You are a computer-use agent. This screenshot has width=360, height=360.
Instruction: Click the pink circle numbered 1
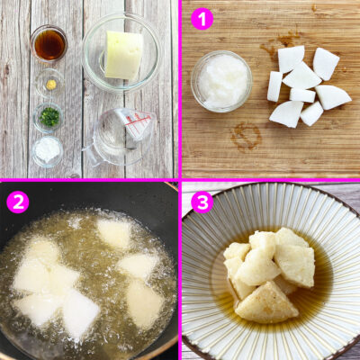[202, 18]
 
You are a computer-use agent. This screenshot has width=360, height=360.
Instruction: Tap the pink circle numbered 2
[18, 202]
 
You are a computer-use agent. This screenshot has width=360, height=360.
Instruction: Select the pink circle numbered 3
[202, 202]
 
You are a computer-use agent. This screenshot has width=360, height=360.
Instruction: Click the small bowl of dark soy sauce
[49, 44]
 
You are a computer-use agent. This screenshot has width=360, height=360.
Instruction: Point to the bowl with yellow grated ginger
[49, 84]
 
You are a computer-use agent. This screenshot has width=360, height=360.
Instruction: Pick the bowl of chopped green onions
[48, 117]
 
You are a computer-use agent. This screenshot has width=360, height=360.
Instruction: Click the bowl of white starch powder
[48, 151]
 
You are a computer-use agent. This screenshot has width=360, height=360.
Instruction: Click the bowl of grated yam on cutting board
[221, 81]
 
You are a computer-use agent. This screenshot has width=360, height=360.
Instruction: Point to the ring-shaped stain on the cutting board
[246, 137]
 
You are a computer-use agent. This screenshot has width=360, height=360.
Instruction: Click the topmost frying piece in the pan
[114, 233]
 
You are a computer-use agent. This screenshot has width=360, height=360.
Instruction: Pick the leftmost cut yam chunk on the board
[274, 86]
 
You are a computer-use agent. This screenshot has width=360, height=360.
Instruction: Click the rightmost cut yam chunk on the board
[333, 97]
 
